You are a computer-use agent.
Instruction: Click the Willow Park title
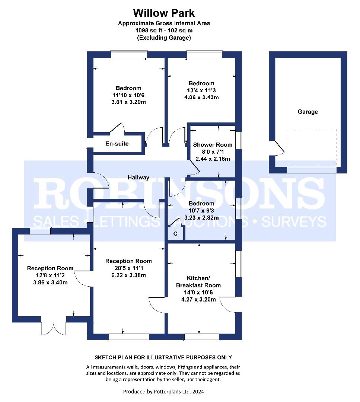point(164,13)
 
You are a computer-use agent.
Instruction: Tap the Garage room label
point(308,112)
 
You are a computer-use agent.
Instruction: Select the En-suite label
point(117,144)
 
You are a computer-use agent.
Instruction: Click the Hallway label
point(138,178)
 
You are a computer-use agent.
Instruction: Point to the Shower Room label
point(213,144)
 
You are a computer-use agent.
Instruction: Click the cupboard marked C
point(175,233)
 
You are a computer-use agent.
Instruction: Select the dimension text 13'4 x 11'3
point(201,90)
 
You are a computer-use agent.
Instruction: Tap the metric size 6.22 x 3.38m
point(128,275)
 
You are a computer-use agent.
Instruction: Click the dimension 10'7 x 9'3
point(201,210)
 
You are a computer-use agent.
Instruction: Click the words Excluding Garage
point(164,38)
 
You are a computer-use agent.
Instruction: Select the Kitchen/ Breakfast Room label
point(198,282)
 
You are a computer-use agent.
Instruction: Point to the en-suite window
point(90,143)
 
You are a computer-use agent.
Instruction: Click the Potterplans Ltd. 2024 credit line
point(163,392)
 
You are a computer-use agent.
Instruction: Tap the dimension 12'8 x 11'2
point(50,275)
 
